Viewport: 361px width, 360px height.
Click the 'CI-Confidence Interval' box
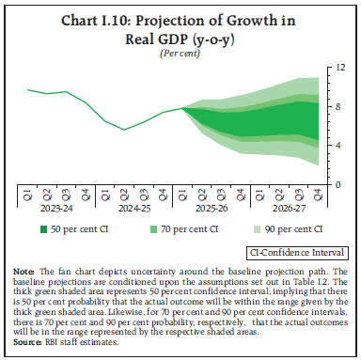[280, 252]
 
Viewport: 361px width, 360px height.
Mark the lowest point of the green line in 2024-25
[126, 130]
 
